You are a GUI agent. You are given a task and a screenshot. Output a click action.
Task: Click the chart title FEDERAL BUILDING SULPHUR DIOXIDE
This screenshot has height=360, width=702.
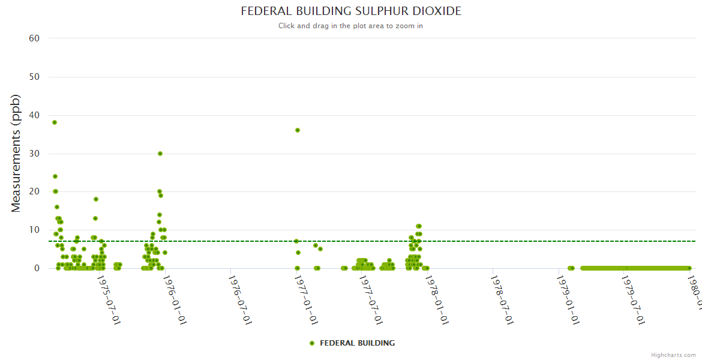[351, 11]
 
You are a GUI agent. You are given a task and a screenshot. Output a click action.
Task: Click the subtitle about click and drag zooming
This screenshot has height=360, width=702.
[351, 26]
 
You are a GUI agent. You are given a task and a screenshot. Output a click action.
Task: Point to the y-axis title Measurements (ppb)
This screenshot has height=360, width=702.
[16, 153]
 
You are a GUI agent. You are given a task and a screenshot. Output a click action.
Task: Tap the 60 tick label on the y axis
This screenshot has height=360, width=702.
[34, 38]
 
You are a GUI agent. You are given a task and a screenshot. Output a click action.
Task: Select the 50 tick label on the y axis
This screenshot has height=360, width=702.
[34, 77]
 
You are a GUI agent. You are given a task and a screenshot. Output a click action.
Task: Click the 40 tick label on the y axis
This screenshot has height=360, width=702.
[34, 115]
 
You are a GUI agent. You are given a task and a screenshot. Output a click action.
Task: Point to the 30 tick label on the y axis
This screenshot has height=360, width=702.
[34, 154]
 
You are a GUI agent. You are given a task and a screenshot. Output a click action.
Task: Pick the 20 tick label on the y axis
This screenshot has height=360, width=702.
[34, 191]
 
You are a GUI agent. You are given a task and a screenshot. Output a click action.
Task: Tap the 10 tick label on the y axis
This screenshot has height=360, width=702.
[34, 230]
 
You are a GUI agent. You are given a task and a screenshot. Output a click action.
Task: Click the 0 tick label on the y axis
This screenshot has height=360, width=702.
[37, 268]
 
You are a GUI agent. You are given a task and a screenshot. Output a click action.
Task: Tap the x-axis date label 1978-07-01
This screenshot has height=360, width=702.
[502, 292]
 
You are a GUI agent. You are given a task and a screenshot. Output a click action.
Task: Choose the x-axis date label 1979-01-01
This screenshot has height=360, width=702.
[568, 292]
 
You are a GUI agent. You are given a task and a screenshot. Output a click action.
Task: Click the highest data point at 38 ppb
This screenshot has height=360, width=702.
[55, 122]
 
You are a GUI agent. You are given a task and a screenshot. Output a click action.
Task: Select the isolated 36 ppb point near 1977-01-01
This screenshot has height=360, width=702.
[297, 130]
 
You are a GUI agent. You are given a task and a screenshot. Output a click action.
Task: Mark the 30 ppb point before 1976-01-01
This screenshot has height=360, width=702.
[160, 154]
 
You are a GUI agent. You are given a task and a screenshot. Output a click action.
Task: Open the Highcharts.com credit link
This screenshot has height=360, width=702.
[673, 355]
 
